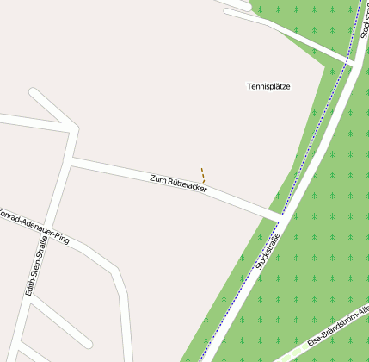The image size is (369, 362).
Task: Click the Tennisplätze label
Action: point(268,86)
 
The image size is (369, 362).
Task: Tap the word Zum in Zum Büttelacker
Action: point(157,178)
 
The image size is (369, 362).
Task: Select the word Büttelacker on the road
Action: point(187,184)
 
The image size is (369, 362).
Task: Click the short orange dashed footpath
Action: point(203,175)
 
